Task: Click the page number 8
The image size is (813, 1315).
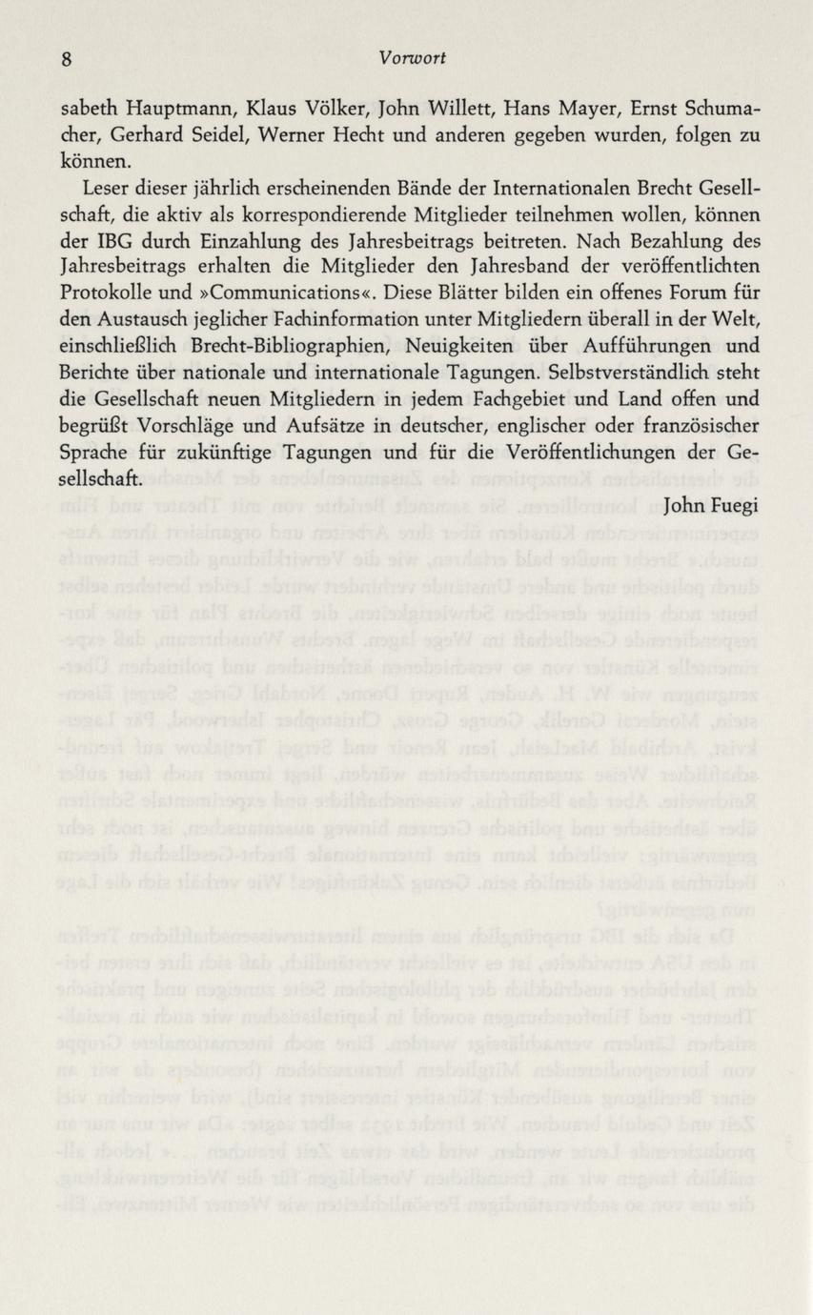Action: tap(67, 59)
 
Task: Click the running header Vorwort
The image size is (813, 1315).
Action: tap(411, 58)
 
